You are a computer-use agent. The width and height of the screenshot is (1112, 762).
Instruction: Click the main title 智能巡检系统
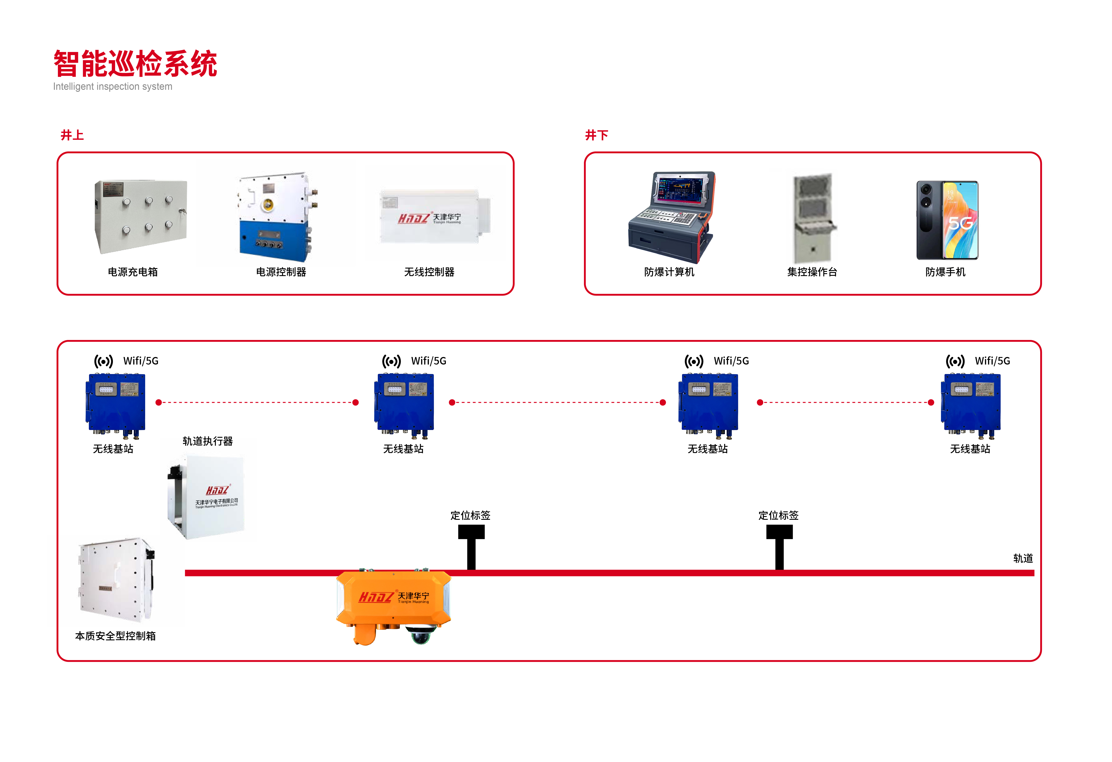pos(135,64)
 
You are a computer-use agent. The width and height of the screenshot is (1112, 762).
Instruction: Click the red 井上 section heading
pos(72,135)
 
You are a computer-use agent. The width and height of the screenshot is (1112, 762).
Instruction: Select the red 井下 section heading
pos(597,135)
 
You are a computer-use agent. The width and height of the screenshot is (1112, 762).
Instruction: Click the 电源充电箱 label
pos(133,272)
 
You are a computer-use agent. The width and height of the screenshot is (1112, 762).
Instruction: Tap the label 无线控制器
pos(429,272)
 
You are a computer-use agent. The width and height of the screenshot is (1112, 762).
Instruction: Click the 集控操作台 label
pos(812,272)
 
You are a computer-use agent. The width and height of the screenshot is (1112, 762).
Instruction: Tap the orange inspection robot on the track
pos(393,599)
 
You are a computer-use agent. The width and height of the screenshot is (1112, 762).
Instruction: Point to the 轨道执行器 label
pos(208,441)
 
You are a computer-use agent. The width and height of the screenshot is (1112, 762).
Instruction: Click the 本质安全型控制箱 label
pos(115,636)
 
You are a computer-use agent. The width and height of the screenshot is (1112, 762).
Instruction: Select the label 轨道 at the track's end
pos(1023,559)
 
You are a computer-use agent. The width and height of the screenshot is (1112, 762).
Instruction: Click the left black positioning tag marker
pos(471,546)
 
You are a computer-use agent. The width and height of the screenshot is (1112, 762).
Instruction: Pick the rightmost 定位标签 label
pos(779,515)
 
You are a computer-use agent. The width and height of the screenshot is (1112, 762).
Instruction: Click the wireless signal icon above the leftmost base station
pos(103,361)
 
